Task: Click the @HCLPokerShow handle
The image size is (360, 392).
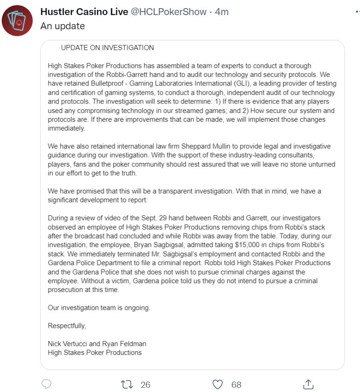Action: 169,12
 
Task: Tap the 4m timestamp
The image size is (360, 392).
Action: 222,12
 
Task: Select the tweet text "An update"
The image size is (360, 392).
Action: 62,26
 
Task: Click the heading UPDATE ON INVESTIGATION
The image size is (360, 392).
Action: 107,48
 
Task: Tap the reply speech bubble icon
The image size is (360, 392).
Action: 46,384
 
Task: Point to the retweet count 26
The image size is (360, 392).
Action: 145,384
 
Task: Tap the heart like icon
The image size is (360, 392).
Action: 218,384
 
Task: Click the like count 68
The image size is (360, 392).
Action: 236,384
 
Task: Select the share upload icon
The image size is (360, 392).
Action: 308,384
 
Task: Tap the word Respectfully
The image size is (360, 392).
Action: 67,325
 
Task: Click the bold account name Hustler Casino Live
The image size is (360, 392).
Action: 84,12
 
